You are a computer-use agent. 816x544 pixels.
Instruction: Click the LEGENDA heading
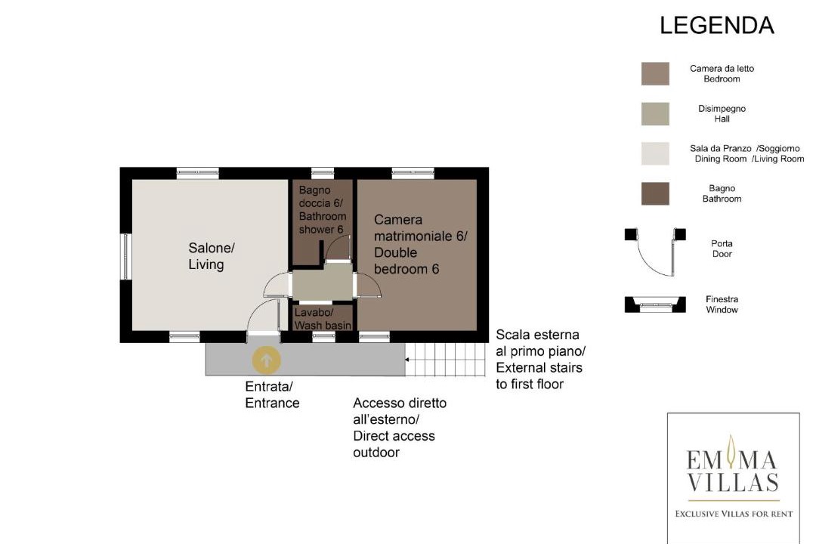[x=716, y=26]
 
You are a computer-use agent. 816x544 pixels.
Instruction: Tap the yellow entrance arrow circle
[x=267, y=360]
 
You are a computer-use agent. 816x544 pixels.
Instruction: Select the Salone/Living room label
[x=212, y=255]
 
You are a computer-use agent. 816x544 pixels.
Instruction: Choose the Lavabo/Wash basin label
[x=323, y=319]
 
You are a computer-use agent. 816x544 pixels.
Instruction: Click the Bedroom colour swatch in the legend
[x=655, y=73]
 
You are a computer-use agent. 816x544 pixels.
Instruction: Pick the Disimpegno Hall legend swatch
[x=655, y=113]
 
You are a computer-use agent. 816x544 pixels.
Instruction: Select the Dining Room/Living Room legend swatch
[x=655, y=153]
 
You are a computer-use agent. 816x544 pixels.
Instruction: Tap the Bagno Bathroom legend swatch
[x=655, y=193]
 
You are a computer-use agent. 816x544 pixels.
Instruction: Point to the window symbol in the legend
[x=655, y=304]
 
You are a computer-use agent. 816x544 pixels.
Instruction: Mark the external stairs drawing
[x=446, y=359]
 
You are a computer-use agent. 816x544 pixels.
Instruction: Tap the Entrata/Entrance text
[x=272, y=394]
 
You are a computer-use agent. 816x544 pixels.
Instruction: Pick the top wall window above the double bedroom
[x=413, y=173]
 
